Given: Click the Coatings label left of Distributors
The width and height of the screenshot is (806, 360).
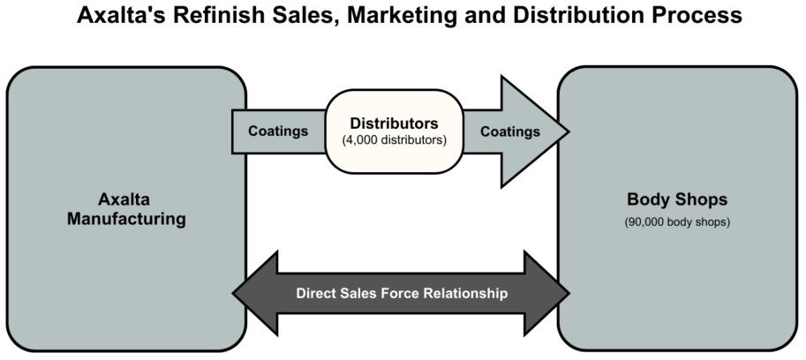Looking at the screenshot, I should (x=278, y=131).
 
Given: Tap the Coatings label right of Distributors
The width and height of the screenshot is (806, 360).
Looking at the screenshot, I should (x=509, y=131).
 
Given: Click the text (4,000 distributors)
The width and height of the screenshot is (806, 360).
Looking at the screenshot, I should (x=394, y=139).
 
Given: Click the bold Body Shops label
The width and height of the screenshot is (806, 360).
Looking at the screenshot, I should (x=677, y=199).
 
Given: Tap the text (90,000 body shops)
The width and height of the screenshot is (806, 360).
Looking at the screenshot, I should (x=677, y=221).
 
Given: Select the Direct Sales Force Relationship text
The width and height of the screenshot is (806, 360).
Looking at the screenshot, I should (x=402, y=293).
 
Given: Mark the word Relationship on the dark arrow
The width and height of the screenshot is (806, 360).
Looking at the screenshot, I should (x=465, y=293).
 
